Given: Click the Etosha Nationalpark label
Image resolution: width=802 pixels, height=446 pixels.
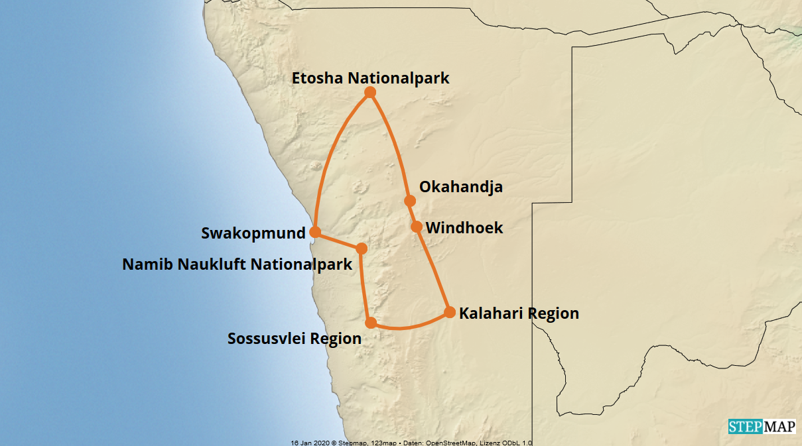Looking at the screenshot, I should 371,78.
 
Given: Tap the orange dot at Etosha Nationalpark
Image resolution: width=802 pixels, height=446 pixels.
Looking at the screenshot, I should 370,92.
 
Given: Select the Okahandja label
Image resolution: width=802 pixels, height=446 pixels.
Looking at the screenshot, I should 461,187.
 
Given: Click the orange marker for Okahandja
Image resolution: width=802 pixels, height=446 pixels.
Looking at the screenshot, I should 410,201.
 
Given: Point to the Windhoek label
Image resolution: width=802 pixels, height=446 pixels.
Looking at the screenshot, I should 464,228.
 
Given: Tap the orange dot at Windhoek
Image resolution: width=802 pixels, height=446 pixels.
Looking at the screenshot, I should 417,227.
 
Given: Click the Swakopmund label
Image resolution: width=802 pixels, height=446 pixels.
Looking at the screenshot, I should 253,233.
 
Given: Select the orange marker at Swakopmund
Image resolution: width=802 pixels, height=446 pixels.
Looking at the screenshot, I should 315,232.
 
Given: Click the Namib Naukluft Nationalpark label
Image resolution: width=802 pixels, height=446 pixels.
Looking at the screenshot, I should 237,265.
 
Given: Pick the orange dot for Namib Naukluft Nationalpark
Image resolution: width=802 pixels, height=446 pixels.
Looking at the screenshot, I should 362,249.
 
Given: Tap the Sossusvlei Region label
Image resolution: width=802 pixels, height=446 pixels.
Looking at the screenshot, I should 295,339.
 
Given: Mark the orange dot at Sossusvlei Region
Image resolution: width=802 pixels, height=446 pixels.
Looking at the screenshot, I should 371,323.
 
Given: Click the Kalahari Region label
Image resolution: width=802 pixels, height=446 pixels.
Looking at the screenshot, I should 519,313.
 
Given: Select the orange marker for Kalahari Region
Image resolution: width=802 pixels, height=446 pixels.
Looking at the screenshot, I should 449,312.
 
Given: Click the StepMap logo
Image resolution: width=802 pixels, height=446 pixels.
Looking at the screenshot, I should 762,427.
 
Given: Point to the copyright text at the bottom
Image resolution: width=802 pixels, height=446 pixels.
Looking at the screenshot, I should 411,442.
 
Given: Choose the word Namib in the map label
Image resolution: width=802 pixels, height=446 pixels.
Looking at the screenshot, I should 143,265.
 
